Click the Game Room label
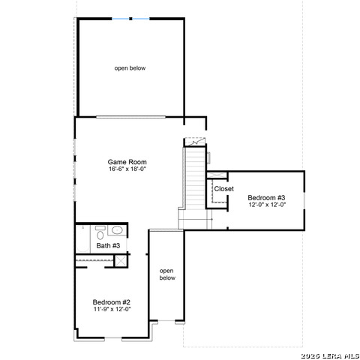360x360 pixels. tap(127, 162)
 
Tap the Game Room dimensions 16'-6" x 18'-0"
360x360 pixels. tap(127, 169)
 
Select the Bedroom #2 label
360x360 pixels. tap(112, 302)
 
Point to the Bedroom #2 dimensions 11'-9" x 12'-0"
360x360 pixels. tap(112, 309)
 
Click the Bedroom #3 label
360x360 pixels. tap(266, 198)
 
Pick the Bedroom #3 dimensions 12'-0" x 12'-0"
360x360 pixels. tap(267, 205)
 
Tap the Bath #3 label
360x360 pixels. tap(108, 246)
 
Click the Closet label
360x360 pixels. tap(224, 189)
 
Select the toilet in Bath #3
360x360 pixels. tap(100, 232)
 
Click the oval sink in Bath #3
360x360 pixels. tap(117, 230)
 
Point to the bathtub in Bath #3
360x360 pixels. tap(82, 238)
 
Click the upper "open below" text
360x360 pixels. tap(130, 68)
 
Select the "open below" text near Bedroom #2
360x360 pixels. tap(167, 274)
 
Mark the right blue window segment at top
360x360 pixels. tap(141, 19)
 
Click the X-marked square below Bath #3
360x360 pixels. tap(121, 261)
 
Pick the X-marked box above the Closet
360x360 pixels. tap(217, 175)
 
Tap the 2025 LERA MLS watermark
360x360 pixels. tap(330, 355)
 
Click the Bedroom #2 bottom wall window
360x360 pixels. tap(113, 338)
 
